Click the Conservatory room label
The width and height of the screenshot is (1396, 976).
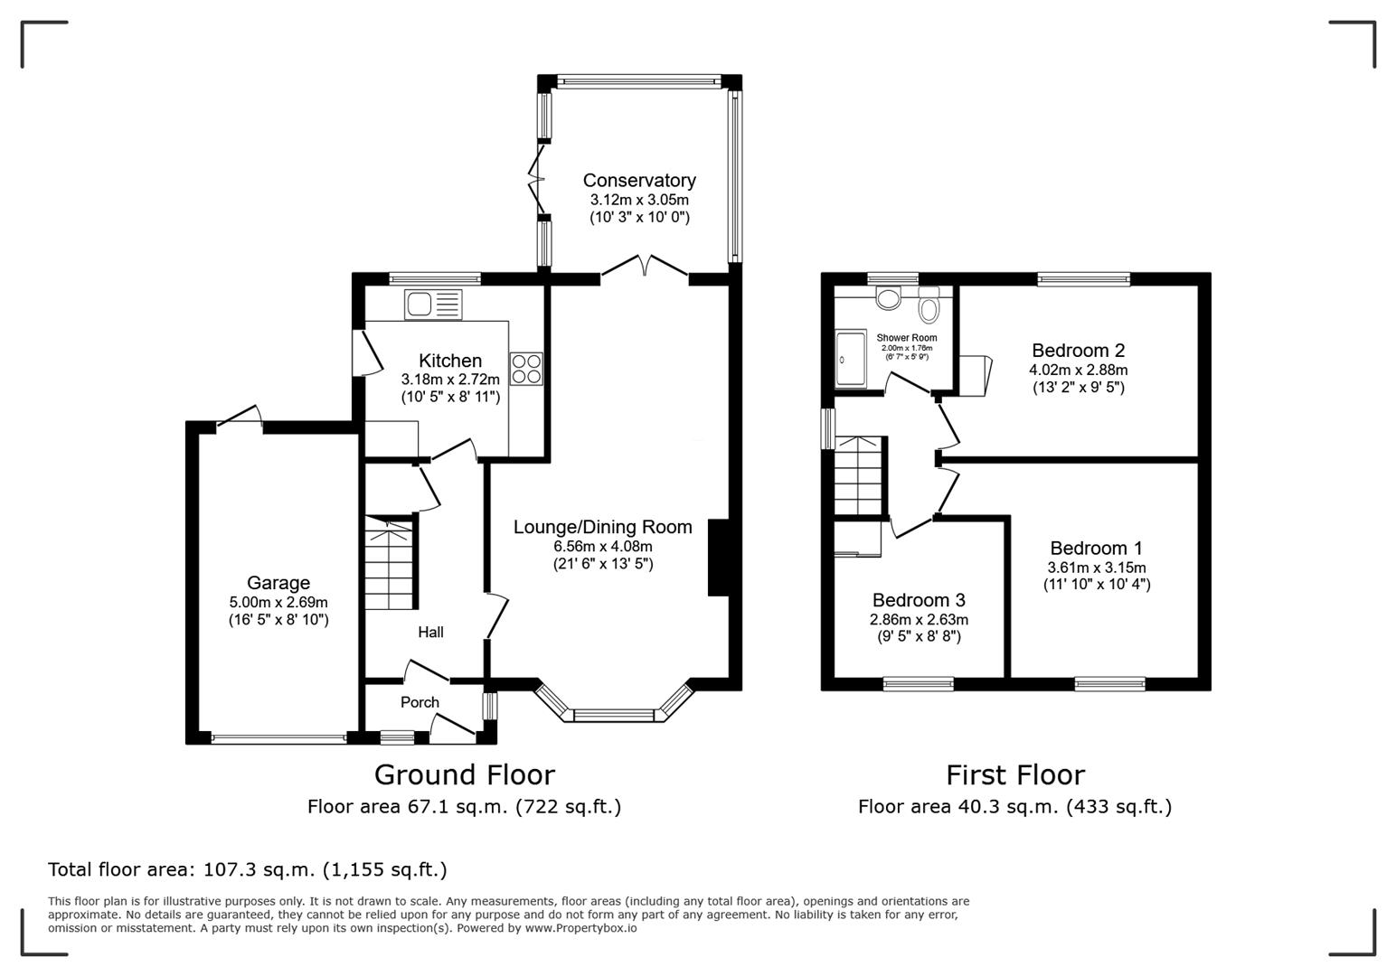pos(638,181)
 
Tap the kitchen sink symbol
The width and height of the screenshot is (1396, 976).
pos(433,305)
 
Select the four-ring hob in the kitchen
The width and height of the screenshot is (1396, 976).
pos(526,368)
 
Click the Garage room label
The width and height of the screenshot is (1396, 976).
pos(278,583)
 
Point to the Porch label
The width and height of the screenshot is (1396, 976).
pos(420,702)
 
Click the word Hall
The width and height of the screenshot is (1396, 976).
pos(430,633)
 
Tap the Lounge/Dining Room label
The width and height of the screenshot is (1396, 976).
pos(602,527)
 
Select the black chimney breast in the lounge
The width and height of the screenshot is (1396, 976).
pos(718,557)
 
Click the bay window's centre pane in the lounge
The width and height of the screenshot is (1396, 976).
pos(614,716)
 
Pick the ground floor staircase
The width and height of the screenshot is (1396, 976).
pos(390,566)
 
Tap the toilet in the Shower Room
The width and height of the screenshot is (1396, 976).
pos(929,309)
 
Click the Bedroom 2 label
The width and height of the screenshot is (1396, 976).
pos(1078,351)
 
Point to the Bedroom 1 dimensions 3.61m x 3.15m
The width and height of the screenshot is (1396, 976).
pos(1096,568)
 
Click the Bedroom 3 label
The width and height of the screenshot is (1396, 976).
pos(919,600)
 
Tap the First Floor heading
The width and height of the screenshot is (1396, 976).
pos(1014,775)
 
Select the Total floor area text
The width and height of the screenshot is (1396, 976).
pos(247,869)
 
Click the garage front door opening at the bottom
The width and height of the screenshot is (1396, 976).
pos(278,738)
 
